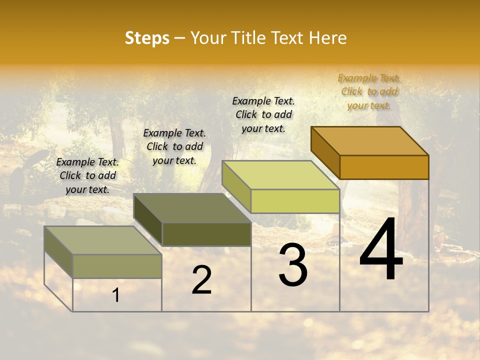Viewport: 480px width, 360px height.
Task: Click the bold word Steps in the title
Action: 147,38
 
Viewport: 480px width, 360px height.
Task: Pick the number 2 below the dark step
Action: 201,280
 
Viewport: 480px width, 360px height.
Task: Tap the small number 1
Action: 116,295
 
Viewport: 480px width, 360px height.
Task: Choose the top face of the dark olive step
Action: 192,208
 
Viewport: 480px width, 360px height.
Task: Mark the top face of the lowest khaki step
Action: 103,240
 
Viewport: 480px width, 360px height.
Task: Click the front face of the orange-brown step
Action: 384,167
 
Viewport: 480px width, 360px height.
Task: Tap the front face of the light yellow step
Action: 295,201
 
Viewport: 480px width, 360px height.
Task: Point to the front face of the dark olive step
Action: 206,234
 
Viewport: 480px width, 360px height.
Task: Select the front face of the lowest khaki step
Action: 117,266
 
